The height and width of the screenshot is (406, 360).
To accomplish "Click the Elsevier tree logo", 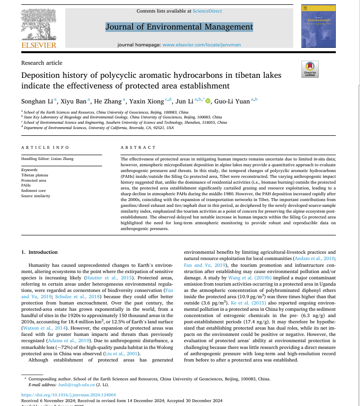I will pyautogui.click(x=39, y=24).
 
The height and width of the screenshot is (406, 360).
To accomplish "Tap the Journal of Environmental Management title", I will pyautogui.click(x=179, y=27).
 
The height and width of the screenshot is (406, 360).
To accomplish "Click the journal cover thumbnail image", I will pyautogui.click(x=318, y=27).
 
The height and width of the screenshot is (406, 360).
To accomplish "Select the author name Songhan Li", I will pyautogui.click(x=38, y=101).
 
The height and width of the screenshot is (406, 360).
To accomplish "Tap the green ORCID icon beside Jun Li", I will pyautogui.click(x=208, y=101).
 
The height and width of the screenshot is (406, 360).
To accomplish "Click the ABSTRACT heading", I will pyautogui.click(x=138, y=147).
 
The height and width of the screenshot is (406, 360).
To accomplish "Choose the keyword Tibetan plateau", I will pyautogui.click(x=35, y=175).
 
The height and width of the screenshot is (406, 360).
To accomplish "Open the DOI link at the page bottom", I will pyautogui.click(x=69, y=394).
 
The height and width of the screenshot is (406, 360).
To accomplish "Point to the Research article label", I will pyautogui.click(x=42, y=63).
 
